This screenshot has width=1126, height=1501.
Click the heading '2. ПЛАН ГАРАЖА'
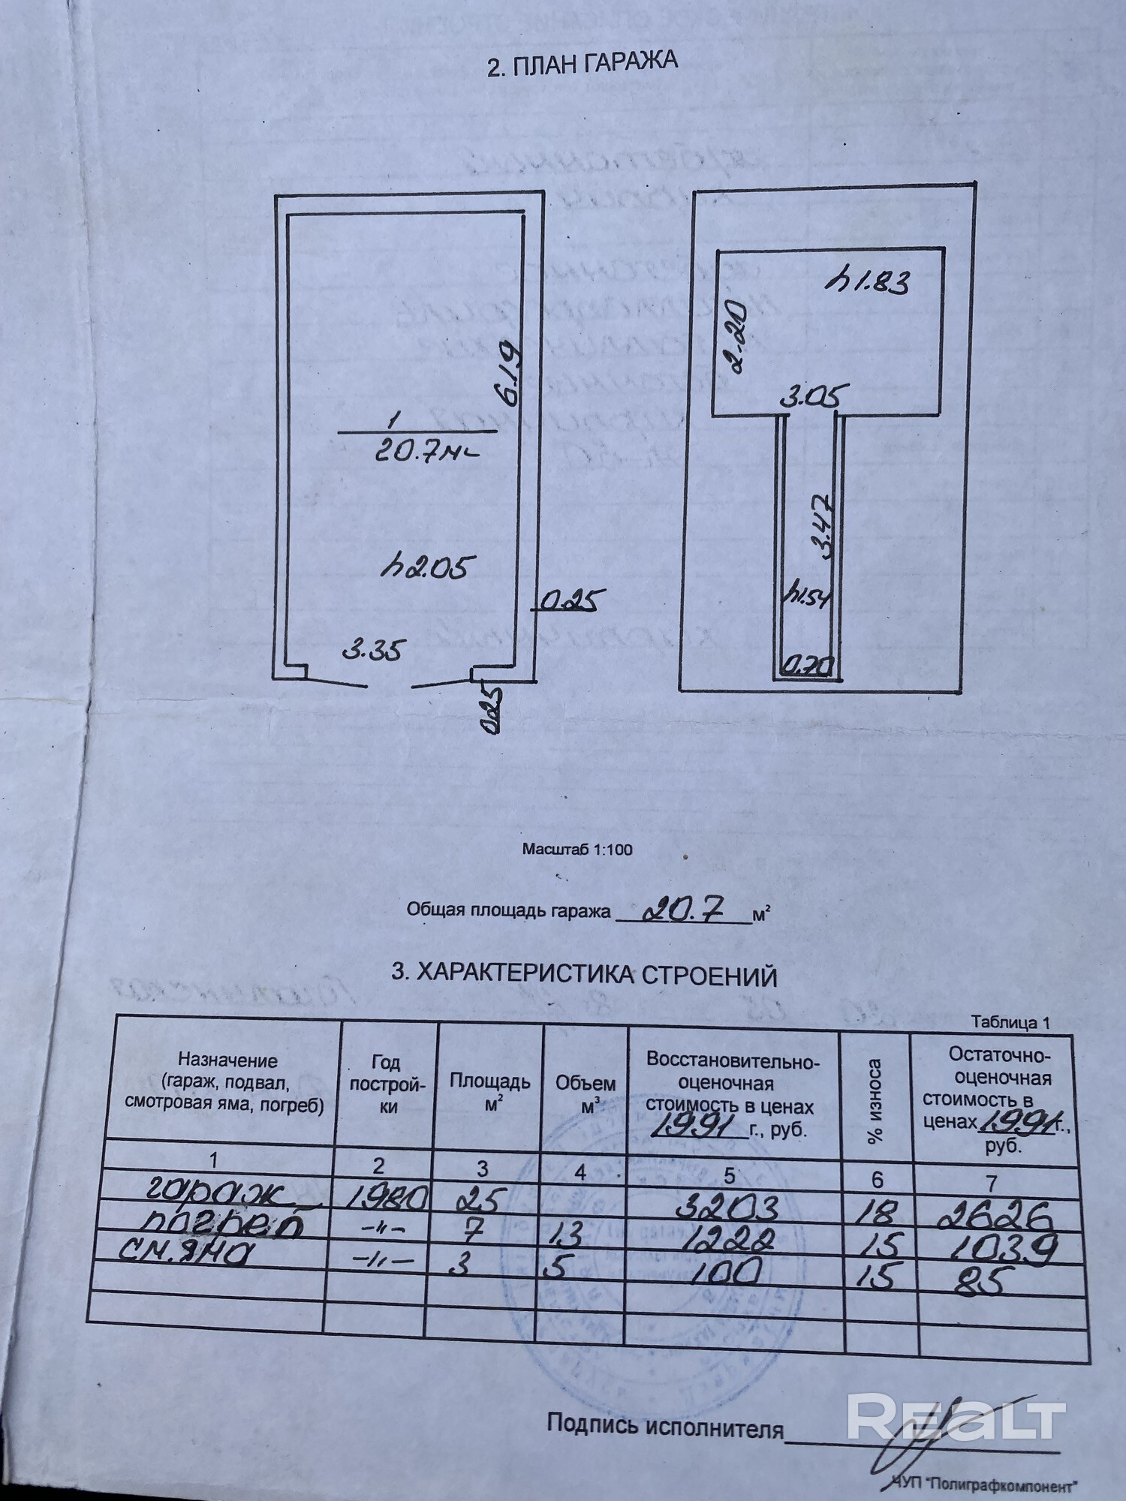click(582, 65)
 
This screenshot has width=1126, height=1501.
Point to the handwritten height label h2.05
click(427, 567)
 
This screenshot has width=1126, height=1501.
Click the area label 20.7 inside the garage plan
click(424, 453)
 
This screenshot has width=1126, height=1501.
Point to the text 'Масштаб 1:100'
click(577, 850)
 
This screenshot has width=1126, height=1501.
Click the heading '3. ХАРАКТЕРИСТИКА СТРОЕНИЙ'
click(584, 975)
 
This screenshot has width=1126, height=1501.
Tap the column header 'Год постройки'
click(387, 1084)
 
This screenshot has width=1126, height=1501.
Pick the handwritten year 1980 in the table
click(389, 1196)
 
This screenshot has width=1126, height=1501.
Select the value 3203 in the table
click(727, 1206)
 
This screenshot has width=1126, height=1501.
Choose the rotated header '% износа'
click(875, 1102)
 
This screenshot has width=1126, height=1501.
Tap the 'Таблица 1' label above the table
click(1010, 1022)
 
